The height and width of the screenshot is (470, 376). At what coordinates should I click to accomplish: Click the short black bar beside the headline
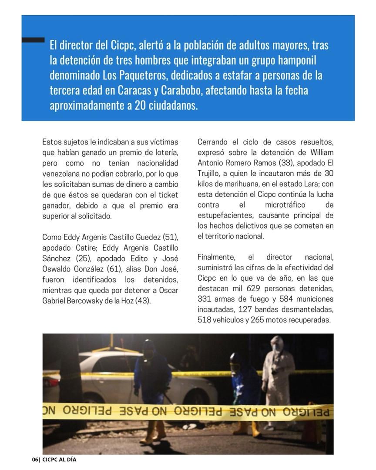pos(33,40)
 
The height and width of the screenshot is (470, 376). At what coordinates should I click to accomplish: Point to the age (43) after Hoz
pos(143,300)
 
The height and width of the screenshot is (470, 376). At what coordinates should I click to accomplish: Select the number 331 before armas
pos(205,299)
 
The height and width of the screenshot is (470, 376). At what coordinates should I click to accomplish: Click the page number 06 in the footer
pos(35,460)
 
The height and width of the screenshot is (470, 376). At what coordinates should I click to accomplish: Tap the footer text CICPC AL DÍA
pos(59,460)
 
